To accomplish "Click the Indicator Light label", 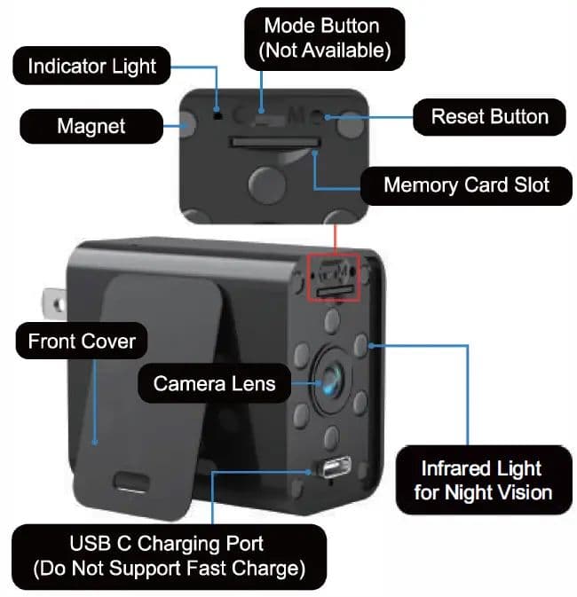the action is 91,66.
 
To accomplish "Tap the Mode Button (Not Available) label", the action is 324,38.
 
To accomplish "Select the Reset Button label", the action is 489,117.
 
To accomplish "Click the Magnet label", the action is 91,126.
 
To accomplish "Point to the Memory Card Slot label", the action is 466,185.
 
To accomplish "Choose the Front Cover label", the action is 82,341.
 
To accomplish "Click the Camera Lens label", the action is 214,383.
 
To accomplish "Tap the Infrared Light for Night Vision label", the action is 484,480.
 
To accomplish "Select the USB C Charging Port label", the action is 169,557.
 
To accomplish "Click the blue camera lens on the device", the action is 331,380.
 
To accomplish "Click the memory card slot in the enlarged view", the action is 274,143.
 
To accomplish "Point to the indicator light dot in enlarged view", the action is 217,114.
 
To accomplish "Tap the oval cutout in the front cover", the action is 132,482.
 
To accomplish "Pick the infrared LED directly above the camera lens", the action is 332,320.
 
